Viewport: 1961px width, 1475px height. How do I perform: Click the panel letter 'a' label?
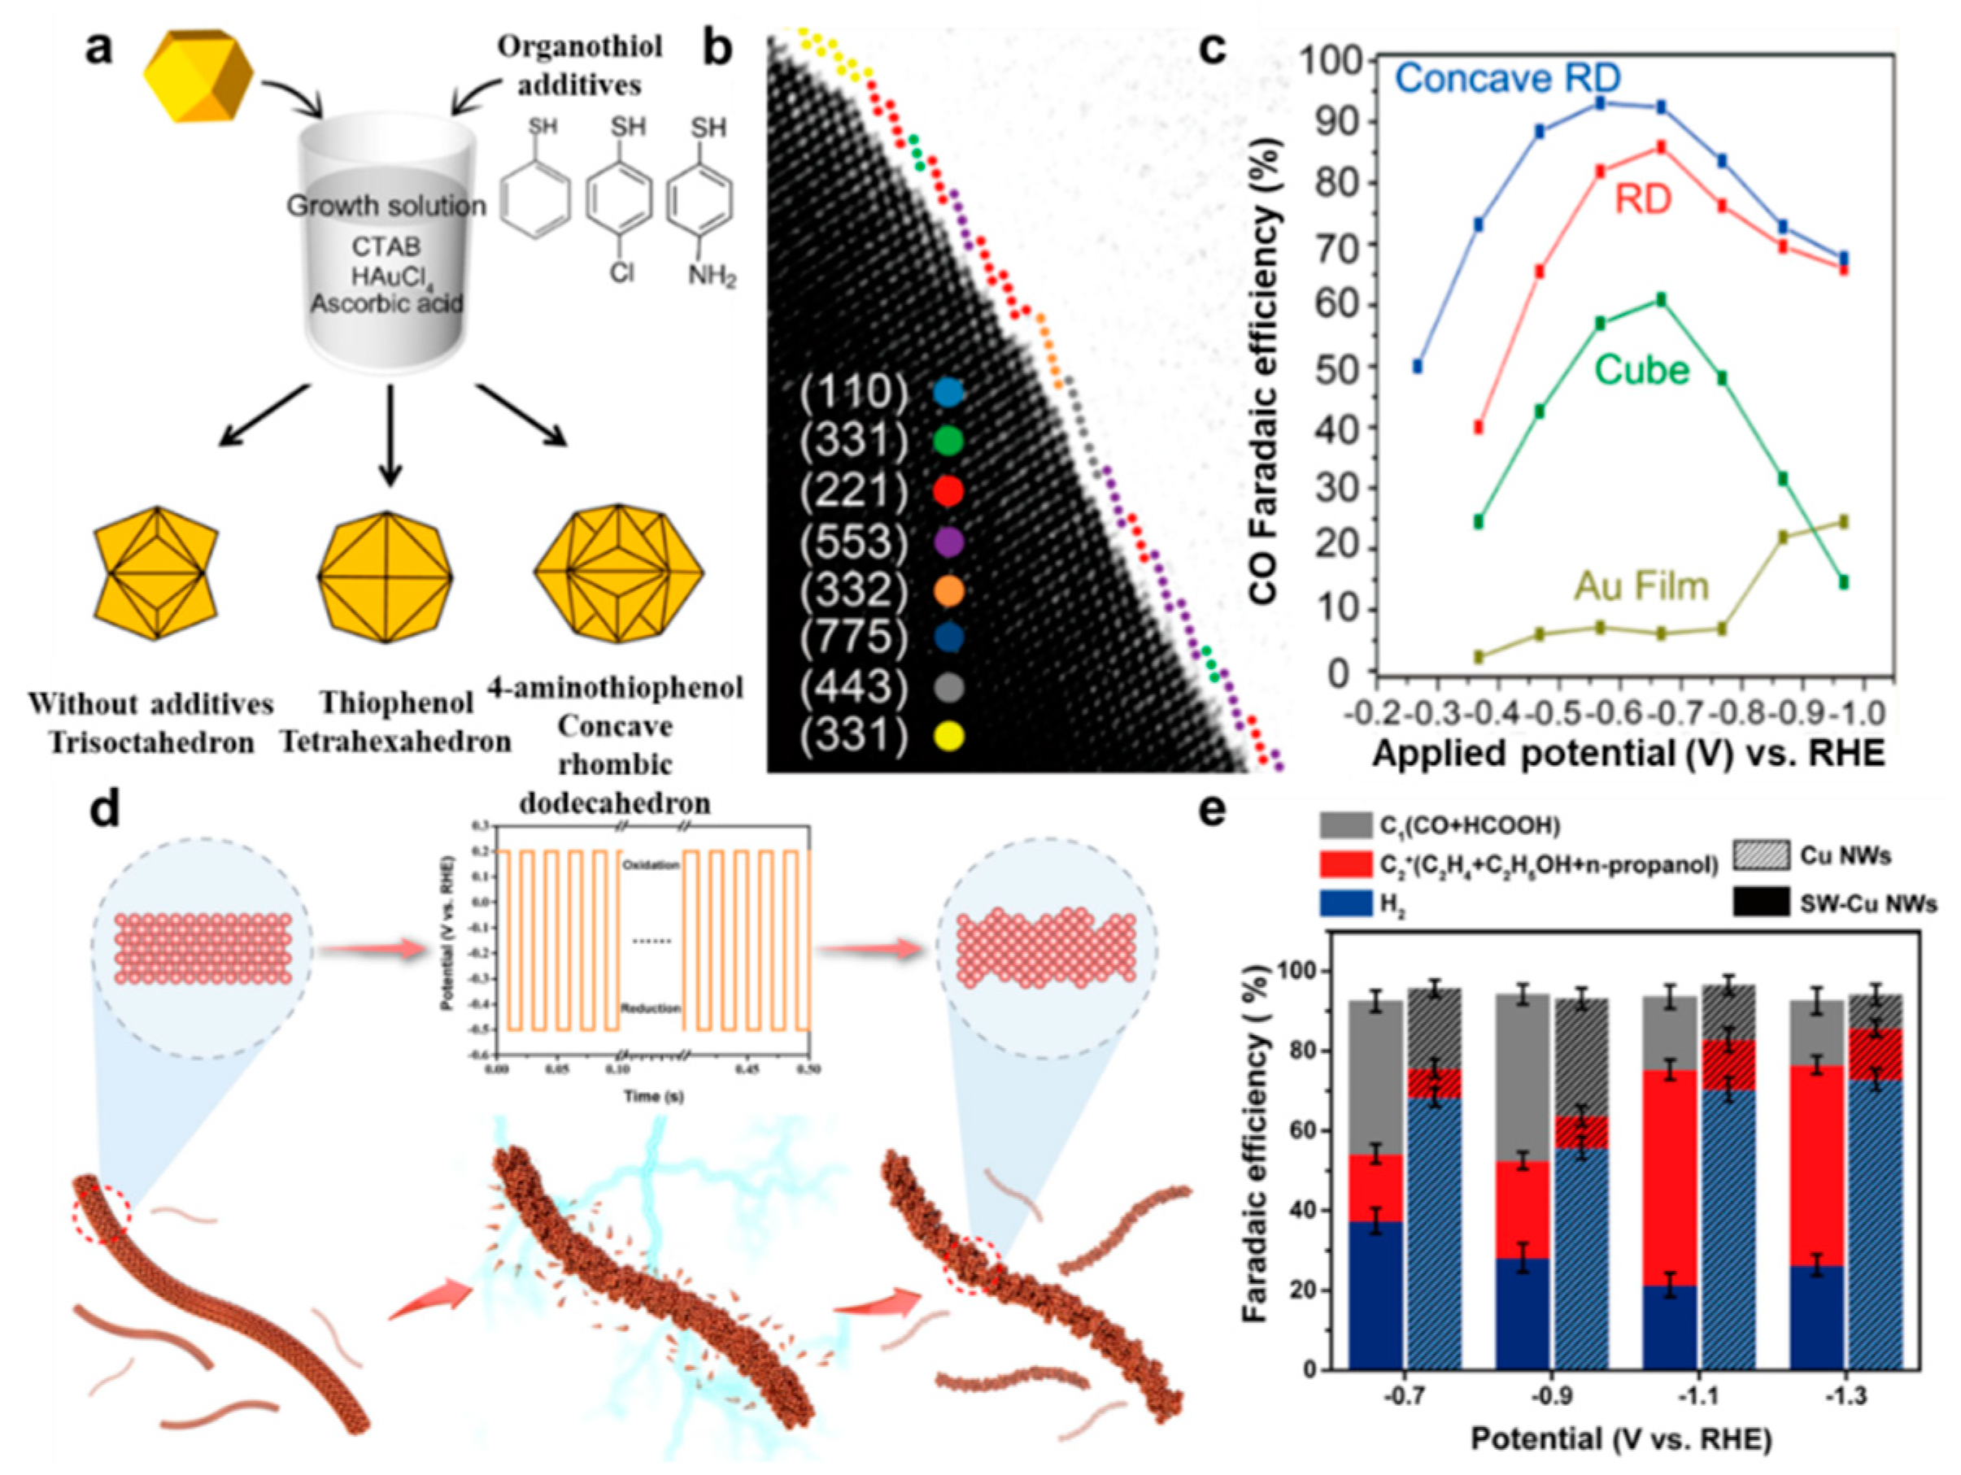click(x=100, y=50)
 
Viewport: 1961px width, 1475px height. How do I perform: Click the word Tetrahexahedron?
click(x=396, y=741)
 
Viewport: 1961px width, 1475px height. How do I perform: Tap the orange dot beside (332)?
click(x=948, y=591)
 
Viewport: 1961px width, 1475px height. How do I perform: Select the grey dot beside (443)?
click(x=948, y=687)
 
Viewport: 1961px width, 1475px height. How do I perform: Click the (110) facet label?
click(x=854, y=393)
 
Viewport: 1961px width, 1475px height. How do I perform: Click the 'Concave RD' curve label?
click(x=1507, y=78)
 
